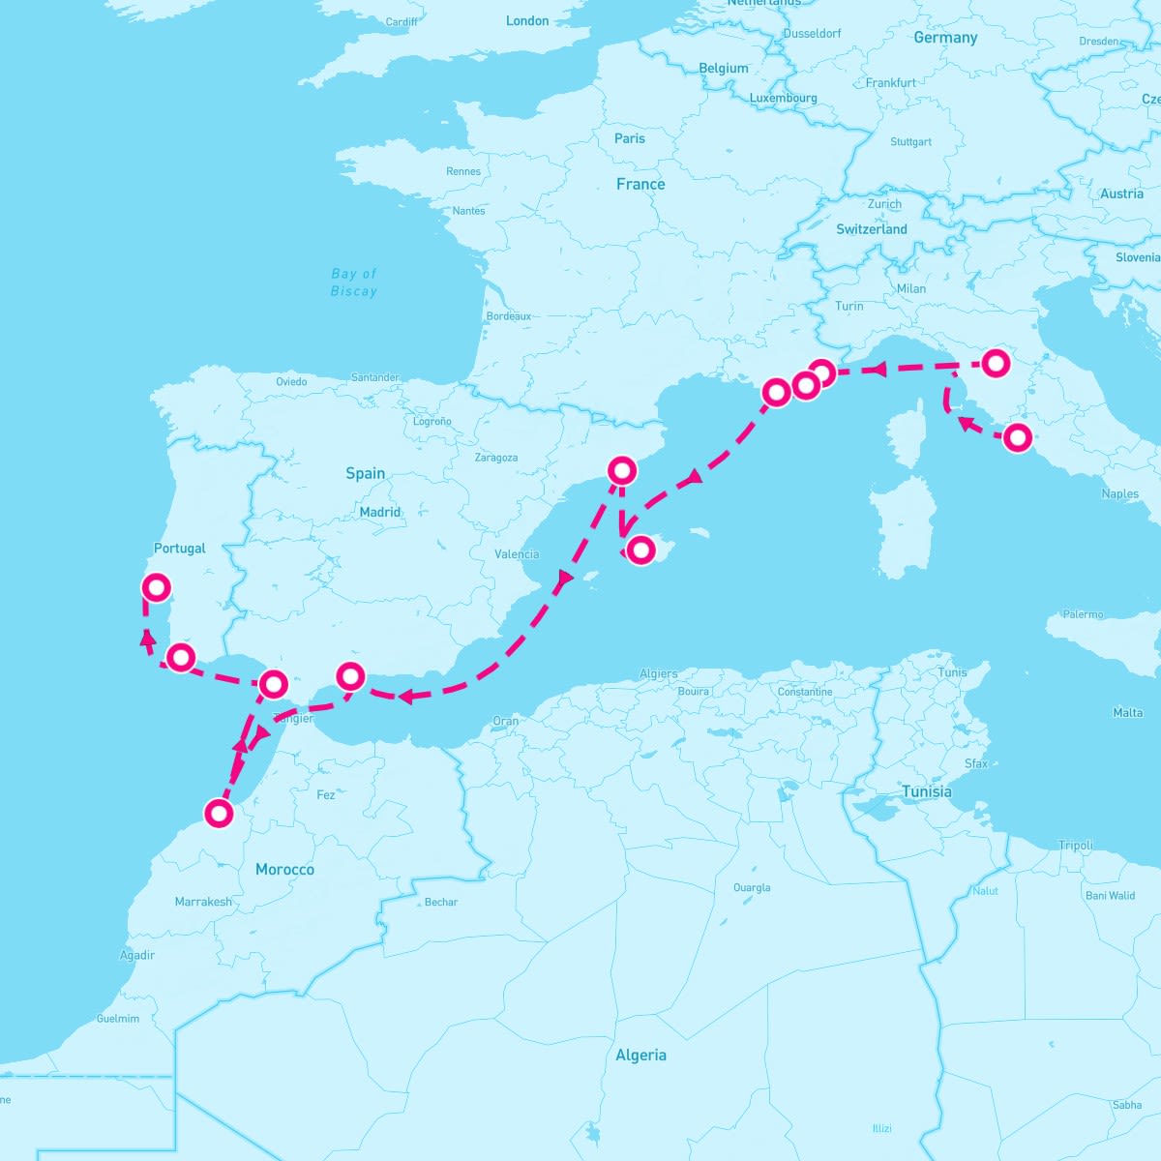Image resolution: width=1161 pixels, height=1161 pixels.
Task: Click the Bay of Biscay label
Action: coord(354,283)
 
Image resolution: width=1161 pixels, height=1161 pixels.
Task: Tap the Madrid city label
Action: coord(380,512)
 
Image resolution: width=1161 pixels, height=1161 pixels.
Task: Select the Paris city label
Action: coord(629,138)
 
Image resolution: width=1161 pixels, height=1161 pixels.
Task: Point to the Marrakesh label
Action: coord(203,902)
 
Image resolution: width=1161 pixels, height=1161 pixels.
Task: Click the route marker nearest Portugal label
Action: coord(156,587)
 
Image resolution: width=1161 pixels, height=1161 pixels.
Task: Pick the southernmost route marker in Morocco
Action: coord(220,813)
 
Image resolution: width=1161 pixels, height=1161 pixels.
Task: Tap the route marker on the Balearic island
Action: coord(640,550)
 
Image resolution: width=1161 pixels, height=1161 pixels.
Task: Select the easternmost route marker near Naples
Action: coord(1017,437)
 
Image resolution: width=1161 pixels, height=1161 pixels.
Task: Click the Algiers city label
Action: coord(659,674)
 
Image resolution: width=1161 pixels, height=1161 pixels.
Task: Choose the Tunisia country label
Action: coord(926,791)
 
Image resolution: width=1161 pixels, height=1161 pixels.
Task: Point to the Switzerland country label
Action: coord(872,229)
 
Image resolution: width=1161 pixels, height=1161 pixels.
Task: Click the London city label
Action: coord(527,20)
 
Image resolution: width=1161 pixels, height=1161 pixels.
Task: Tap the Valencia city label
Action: coord(517,554)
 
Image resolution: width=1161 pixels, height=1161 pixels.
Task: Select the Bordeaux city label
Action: coord(509,316)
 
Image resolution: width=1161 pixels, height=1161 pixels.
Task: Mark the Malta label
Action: coord(1128,713)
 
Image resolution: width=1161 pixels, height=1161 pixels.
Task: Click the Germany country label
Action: coord(945,38)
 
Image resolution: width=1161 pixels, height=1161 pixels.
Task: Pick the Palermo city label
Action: coord(1083,614)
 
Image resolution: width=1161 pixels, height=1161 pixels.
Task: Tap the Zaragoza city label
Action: coord(496,458)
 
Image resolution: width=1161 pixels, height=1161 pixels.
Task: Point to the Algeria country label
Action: coord(640,1055)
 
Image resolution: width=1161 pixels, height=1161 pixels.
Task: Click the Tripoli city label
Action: coord(1076,846)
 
